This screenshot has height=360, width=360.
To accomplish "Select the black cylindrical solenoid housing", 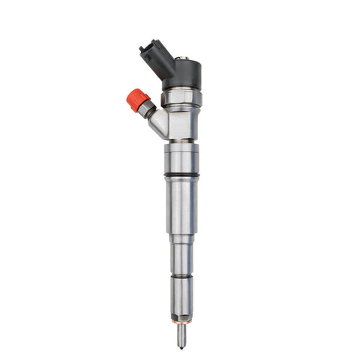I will [184, 73].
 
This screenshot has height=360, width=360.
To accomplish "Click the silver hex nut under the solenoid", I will [182, 97].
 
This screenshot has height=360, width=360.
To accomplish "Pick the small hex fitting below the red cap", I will [145, 109].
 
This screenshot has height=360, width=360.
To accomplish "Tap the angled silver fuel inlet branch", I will [157, 123].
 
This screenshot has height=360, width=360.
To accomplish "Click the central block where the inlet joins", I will [182, 124].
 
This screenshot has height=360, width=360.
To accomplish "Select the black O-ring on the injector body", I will [182, 176].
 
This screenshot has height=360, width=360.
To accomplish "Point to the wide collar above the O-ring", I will [182, 159].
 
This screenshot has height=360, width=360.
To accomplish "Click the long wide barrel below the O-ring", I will [182, 206].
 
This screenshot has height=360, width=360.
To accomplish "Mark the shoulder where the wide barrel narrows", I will [182, 238].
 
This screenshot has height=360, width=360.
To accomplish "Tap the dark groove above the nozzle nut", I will [182, 275].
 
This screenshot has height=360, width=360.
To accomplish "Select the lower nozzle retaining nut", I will [182, 296].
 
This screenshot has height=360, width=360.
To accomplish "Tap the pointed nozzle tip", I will [182, 347].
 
